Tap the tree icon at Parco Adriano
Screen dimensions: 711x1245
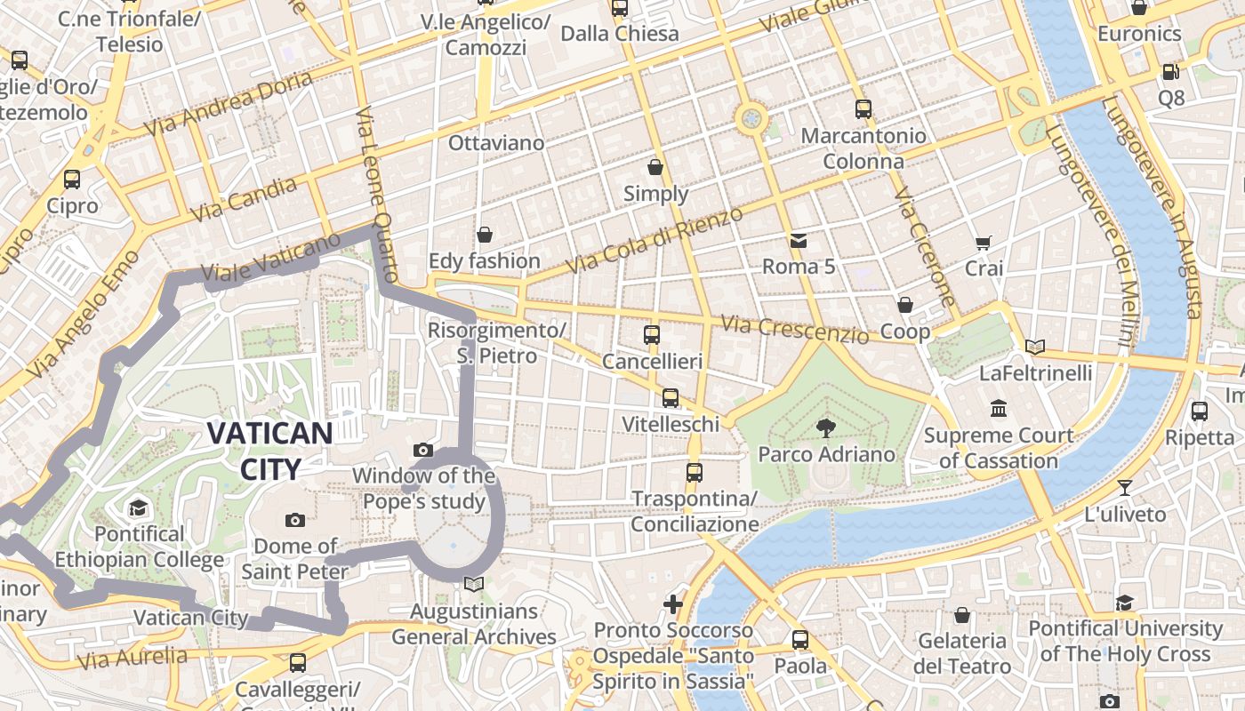826,427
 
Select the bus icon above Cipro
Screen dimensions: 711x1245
72,180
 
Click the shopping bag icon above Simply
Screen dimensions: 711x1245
655,167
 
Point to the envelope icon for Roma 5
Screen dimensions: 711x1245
798,240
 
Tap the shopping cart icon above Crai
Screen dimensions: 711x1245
983,243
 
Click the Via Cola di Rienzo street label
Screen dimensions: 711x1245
654,241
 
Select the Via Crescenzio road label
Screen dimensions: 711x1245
794,330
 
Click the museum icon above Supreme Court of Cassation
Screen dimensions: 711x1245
998,409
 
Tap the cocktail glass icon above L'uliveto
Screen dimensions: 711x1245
1125,487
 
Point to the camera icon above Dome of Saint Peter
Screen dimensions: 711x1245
295,520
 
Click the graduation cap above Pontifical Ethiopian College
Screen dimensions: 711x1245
138,507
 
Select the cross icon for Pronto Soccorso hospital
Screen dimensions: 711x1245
673,604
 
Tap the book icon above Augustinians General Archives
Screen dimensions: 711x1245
474,584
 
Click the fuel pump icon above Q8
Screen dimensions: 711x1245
1170,72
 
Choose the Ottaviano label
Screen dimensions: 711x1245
495,143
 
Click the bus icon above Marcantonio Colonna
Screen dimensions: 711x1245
863,109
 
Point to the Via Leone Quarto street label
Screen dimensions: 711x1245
378,195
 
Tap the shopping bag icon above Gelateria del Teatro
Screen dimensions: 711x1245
961,615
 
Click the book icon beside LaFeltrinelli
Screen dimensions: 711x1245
1034,347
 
